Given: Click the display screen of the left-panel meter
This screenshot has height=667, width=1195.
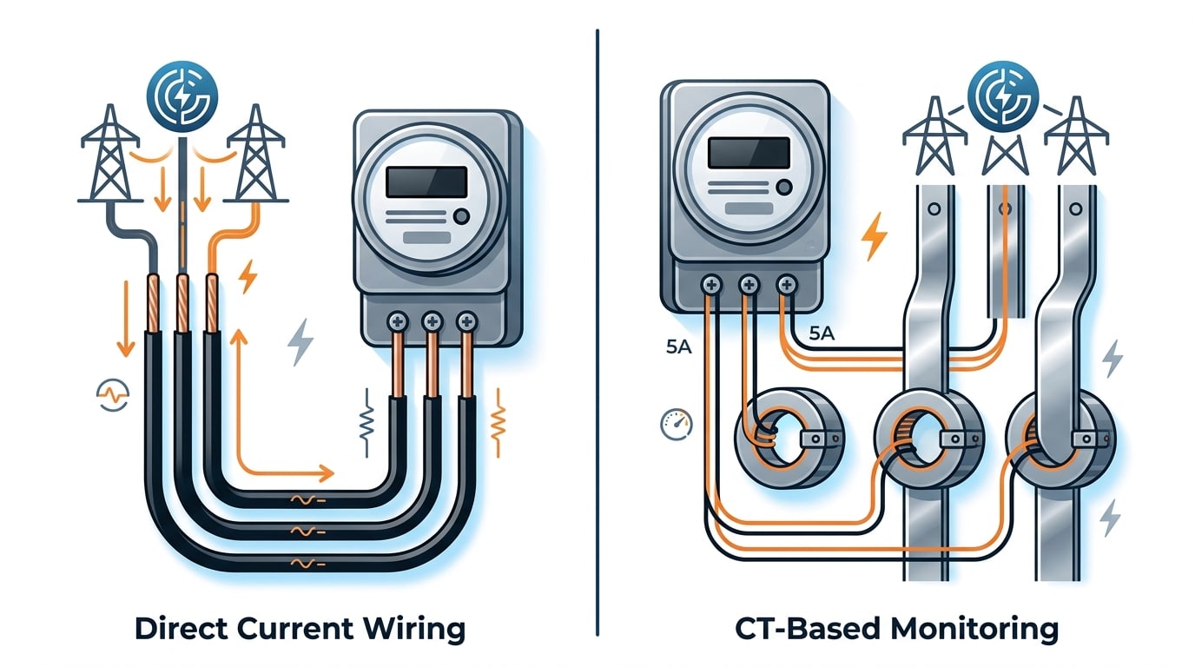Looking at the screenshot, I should [425, 182].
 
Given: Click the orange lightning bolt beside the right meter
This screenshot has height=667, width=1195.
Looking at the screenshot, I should [874, 237].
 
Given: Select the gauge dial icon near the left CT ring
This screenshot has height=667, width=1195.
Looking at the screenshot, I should [675, 425].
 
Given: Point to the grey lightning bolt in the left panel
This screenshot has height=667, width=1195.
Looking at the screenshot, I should [300, 342].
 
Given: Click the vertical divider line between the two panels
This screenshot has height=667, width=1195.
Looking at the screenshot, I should [597, 330].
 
